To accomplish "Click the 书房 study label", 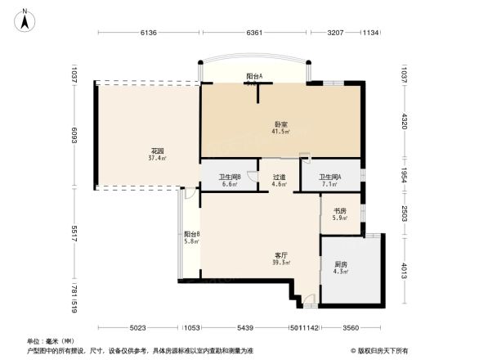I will coord(339,214).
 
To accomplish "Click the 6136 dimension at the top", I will coord(148,34).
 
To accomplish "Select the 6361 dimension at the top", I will coord(254,34).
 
